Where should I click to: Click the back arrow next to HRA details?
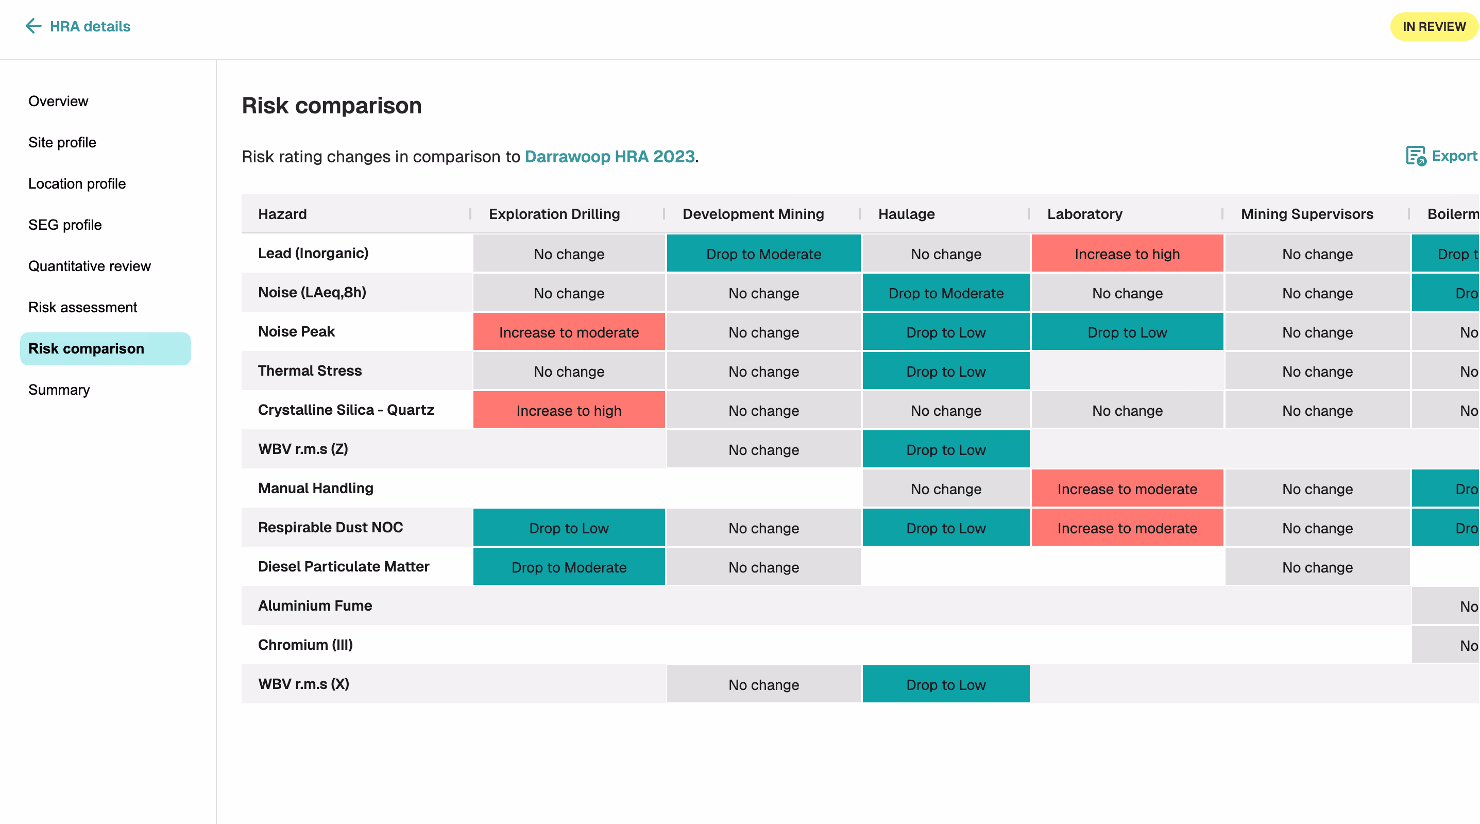33,26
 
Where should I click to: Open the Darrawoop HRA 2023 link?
609,156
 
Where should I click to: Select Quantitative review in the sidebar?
90,266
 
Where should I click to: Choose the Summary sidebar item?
59,390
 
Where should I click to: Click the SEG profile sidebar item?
65,225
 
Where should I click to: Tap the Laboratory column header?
1084,214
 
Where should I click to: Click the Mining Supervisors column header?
1306,214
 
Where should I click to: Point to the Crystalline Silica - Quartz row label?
346,410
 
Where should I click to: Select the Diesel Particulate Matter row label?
344,566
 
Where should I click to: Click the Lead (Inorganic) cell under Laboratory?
1127,254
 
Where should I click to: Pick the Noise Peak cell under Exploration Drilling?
569,332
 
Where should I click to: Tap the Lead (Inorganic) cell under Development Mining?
763,254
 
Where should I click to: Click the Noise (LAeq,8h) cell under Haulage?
946,293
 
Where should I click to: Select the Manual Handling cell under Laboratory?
1127,489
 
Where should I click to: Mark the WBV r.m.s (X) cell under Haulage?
946,684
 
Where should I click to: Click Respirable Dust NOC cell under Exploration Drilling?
569,528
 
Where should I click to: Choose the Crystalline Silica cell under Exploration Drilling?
569,411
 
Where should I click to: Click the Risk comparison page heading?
332,106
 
